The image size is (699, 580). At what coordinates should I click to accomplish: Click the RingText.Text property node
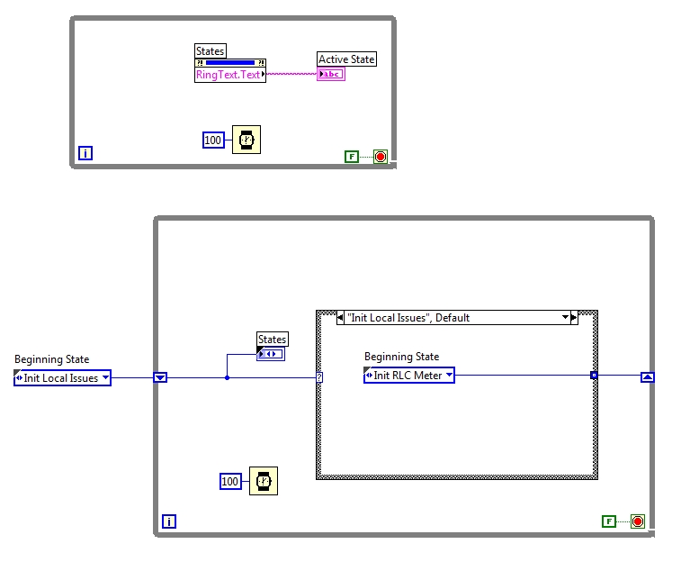point(229,75)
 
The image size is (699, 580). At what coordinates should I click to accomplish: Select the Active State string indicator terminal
point(331,74)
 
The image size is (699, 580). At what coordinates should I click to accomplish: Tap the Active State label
point(346,59)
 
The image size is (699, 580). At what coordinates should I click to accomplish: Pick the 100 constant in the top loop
point(213,140)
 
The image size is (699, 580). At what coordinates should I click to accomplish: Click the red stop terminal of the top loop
point(381,157)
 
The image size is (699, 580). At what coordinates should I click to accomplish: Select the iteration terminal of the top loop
point(85,154)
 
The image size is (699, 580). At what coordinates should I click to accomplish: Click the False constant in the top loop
point(351,157)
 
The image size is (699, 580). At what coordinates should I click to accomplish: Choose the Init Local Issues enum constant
point(62,378)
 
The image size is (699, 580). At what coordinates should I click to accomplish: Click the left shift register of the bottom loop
point(160,377)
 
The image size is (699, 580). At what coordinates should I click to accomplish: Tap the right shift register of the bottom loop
point(647,377)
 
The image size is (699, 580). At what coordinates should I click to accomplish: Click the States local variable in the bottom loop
point(271,354)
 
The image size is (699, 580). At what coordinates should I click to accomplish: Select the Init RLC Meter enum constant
point(409,376)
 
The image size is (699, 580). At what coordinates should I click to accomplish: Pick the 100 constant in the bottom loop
point(231,482)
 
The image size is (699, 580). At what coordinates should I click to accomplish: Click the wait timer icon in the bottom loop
point(264,481)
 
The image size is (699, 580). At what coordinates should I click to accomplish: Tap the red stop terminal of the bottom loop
point(638,521)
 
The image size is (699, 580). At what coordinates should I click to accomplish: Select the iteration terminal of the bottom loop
point(169,521)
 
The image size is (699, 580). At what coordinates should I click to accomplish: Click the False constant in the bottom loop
point(609,521)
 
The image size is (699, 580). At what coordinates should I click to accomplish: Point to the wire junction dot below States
point(227,377)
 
